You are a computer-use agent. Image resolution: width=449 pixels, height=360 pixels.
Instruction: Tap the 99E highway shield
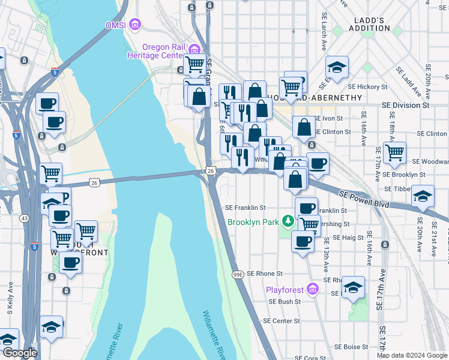pos(238,275)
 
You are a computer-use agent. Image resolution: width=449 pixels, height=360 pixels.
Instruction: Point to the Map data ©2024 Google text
pos(412,355)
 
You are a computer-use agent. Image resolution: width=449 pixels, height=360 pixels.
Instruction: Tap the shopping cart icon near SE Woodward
pos(394,152)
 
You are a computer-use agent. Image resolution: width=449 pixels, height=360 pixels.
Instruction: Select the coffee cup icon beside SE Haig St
pos(303,241)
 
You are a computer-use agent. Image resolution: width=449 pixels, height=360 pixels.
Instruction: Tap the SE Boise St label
pos(351,347)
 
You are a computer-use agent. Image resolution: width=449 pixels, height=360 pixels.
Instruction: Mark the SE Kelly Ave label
pos(10,300)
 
